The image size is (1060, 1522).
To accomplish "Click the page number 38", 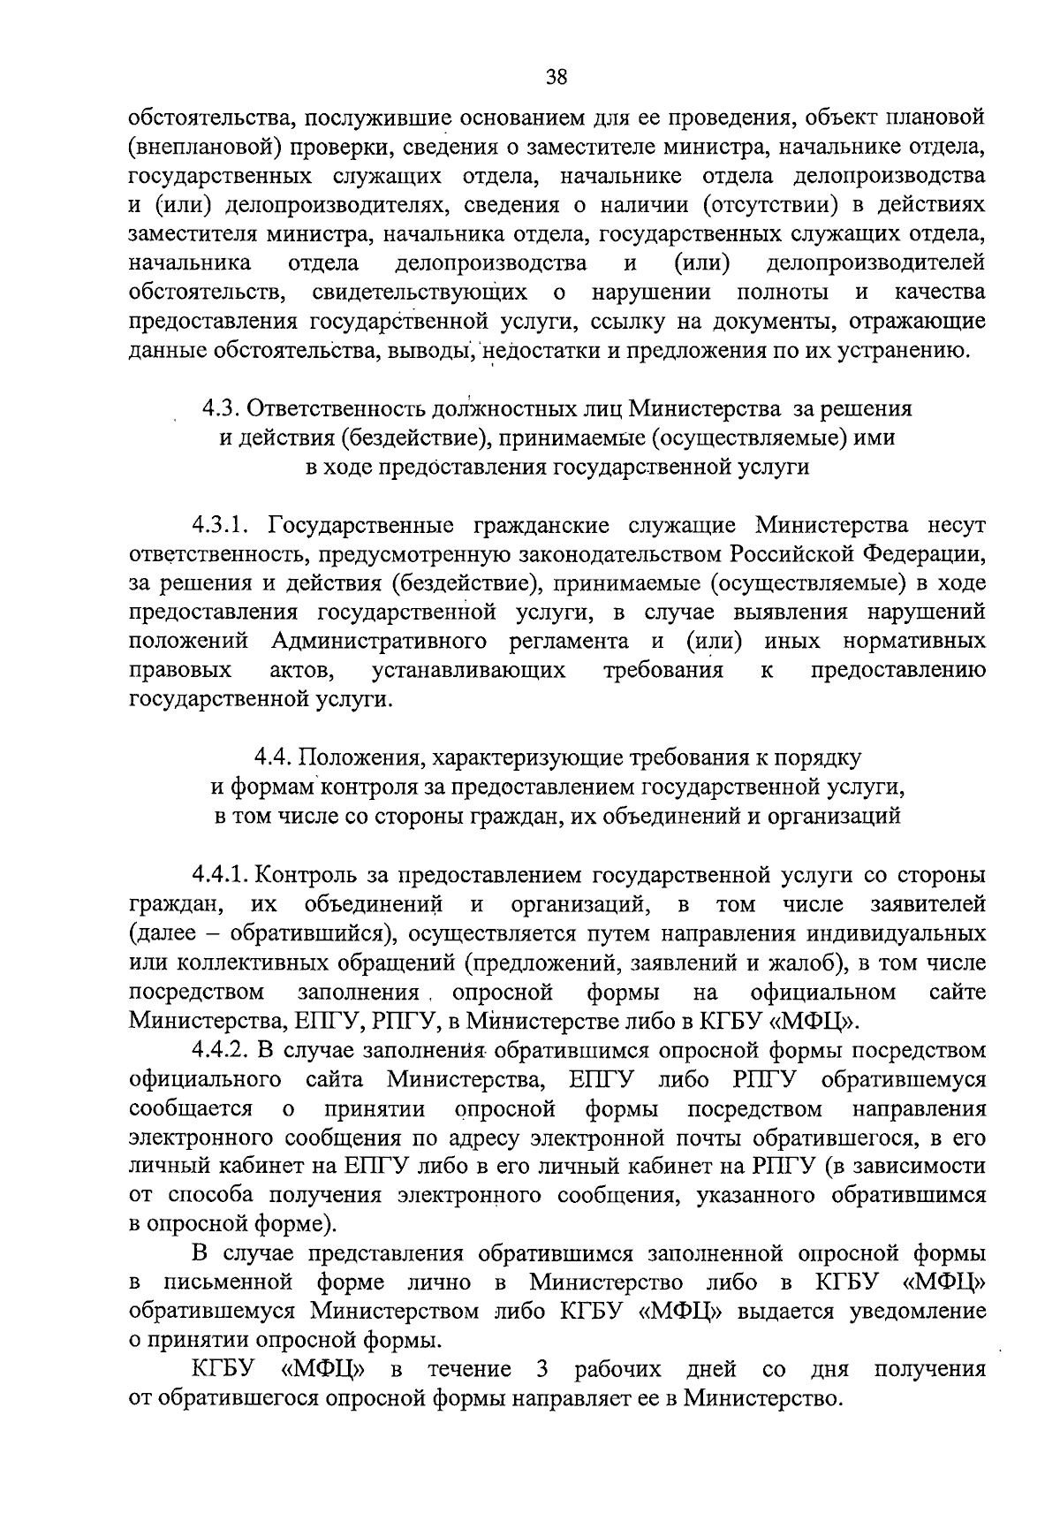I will (x=556, y=77).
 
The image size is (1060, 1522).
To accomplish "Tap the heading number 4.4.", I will (x=273, y=757).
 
